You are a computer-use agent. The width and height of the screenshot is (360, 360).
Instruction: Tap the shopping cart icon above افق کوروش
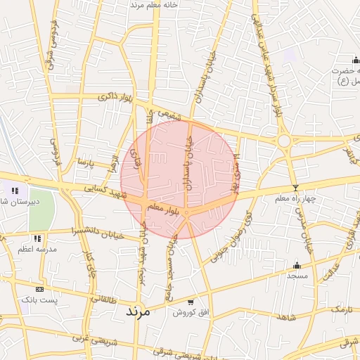coord(191,302)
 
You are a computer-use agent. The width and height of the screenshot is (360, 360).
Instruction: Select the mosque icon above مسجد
coord(297,265)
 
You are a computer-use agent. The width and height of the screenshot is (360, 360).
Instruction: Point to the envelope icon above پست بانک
coord(39,289)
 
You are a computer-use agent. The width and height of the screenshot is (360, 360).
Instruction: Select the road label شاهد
coord(286,318)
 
